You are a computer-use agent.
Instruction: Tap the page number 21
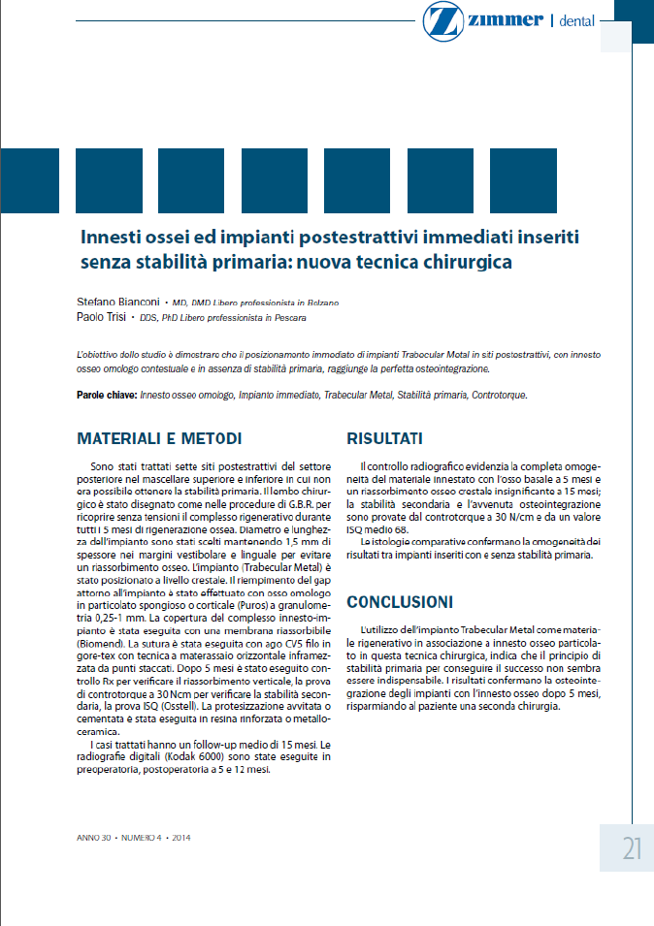coord(632,849)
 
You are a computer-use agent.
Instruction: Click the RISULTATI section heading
coord(384,437)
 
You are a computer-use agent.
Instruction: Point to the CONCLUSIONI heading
coord(399,601)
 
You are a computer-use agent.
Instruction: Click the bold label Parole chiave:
coord(106,396)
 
